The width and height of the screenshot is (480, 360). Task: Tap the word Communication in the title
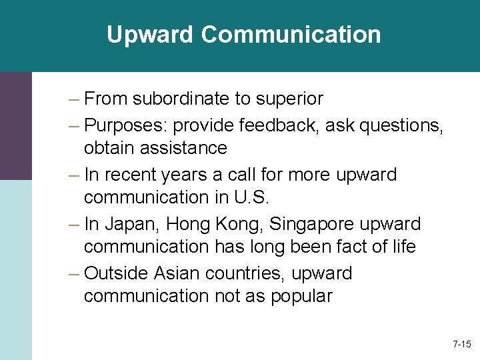pos(291,35)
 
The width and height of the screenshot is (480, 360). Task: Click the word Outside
pos(117,273)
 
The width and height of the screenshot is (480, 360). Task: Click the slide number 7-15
pos(461,345)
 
